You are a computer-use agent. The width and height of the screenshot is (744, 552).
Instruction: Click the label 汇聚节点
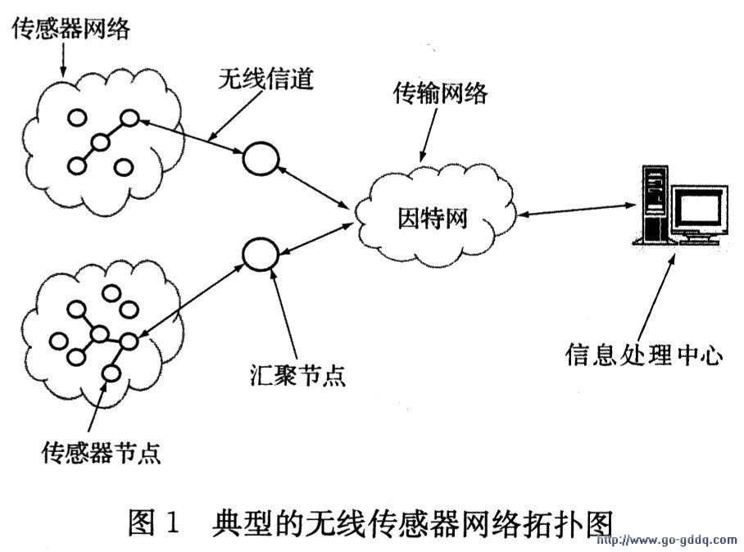pos(298,375)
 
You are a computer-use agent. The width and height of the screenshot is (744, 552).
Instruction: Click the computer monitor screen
pos(697,209)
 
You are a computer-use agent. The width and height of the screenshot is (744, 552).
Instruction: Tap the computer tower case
pos(654,205)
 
